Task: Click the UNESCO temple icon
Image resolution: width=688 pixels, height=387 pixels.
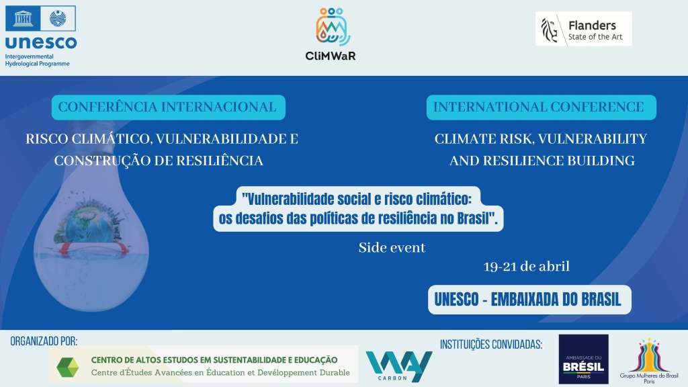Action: point(23,18)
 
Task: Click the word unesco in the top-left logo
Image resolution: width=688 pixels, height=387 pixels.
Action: point(41,42)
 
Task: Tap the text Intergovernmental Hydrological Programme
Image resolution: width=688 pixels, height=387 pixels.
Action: point(38,60)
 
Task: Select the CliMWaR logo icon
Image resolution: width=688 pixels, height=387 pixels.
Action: point(333,26)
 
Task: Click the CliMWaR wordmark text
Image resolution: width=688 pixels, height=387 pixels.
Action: point(331,56)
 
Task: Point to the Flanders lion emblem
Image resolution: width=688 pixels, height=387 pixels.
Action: point(549,30)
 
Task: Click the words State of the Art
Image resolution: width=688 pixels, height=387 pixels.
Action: point(595,38)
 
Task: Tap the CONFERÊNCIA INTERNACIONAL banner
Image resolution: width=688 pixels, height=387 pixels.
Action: point(169,107)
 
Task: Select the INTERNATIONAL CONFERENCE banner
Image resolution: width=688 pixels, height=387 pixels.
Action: point(541,107)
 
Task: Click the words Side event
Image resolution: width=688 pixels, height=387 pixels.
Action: point(392,248)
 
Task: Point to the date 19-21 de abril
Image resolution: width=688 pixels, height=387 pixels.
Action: point(527,266)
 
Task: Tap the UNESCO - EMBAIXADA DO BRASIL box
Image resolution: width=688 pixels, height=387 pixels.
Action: point(529,300)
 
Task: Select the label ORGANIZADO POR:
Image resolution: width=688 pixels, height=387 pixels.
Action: point(44,341)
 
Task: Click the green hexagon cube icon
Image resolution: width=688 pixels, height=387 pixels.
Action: point(68,368)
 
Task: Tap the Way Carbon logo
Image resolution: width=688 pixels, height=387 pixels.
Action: point(398,366)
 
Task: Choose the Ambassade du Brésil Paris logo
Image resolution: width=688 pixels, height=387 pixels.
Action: point(584,359)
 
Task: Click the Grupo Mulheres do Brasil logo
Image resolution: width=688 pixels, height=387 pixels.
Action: point(650,361)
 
